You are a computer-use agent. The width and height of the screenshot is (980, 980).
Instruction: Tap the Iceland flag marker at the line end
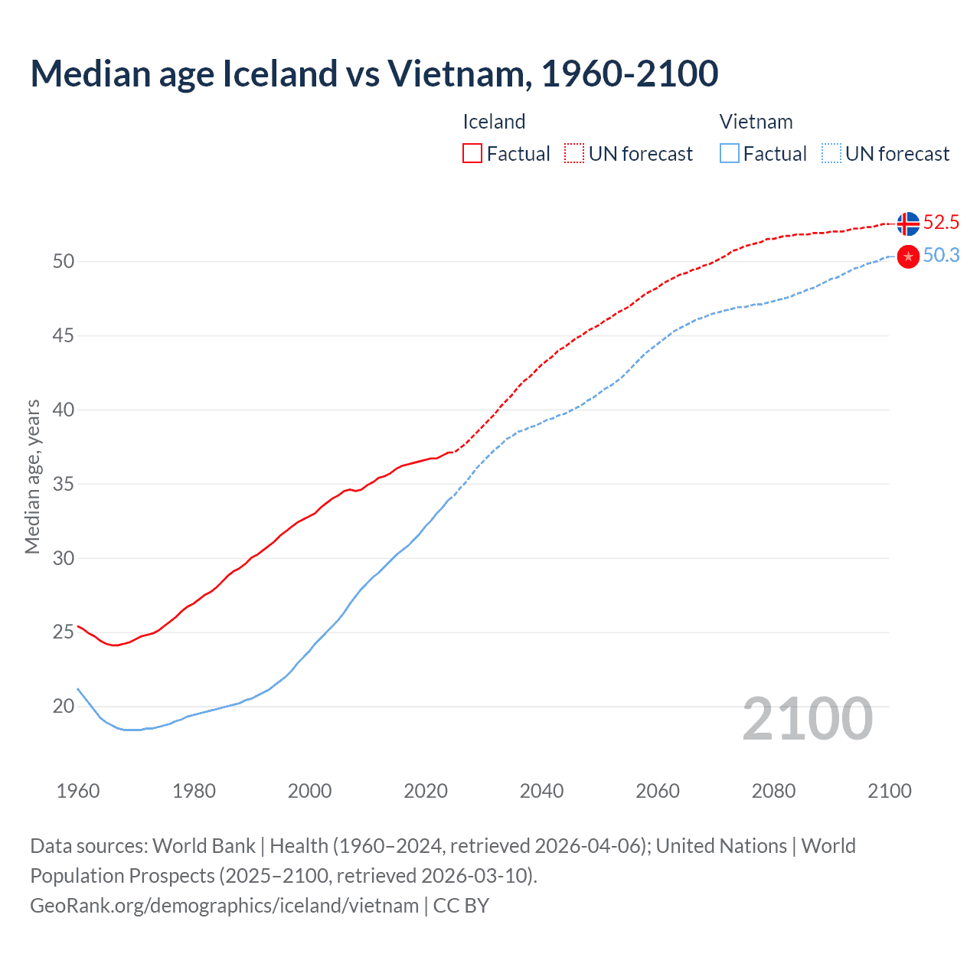click(908, 224)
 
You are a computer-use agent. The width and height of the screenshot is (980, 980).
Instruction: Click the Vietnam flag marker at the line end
click(908, 256)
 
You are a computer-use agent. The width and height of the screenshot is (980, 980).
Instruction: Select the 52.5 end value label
click(941, 223)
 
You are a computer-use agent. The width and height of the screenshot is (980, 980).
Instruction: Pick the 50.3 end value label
click(941, 256)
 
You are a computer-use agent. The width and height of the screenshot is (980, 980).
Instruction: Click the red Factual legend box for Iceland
click(472, 154)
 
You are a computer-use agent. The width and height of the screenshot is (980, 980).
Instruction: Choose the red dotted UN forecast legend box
click(574, 154)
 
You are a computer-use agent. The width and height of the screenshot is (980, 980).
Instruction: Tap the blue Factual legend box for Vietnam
click(730, 154)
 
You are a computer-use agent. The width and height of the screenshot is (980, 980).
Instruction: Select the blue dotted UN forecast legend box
click(831, 154)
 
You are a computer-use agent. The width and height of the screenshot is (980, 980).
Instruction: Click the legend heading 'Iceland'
click(494, 122)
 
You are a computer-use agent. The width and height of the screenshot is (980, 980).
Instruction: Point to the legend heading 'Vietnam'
click(756, 122)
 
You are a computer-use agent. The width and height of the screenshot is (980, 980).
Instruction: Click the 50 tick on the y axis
click(64, 262)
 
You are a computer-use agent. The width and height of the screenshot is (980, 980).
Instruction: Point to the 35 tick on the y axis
click(64, 485)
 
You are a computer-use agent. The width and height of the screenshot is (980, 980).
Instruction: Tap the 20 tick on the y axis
click(64, 707)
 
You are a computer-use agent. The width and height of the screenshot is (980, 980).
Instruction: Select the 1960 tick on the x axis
click(78, 791)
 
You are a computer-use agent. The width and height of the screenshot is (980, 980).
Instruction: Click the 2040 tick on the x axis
click(541, 791)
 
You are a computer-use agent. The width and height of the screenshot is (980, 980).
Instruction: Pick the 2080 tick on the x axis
click(773, 791)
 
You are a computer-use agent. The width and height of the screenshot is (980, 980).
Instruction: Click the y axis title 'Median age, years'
click(32, 476)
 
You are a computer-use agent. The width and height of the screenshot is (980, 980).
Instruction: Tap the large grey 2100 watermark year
click(807, 718)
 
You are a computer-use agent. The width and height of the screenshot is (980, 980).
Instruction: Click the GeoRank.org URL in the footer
click(224, 906)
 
